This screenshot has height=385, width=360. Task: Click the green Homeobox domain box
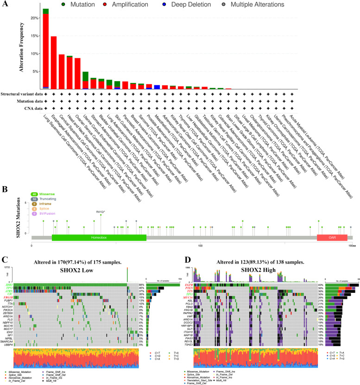[x=99, y=237]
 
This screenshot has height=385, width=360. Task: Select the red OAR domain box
[x=328, y=237]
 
